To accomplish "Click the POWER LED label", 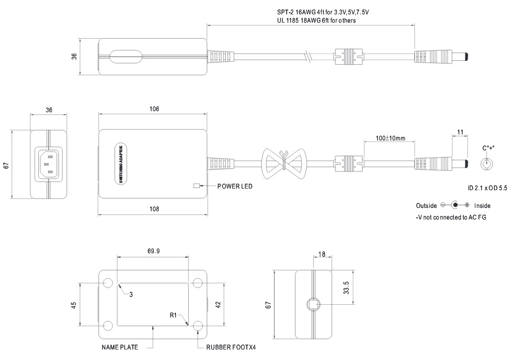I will tap(235, 186).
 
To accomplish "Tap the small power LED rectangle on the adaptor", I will tap(196, 186).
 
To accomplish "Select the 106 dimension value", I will tap(154, 109).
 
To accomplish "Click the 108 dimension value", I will tap(154, 209).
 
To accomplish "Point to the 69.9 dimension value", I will tap(154, 251).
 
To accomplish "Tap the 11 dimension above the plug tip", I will tap(460, 133).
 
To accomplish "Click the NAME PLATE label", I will tap(120, 348).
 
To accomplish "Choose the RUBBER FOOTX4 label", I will tap(231, 348).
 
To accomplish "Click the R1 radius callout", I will tap(173, 316).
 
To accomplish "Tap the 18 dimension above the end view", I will tap(322, 255).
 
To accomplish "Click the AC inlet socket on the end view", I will tap(49, 164).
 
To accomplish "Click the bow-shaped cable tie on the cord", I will tap(283, 163).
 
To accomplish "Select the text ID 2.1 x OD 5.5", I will tap(488, 188).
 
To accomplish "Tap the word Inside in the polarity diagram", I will tap(482, 206).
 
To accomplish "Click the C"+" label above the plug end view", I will tap(488, 148).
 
